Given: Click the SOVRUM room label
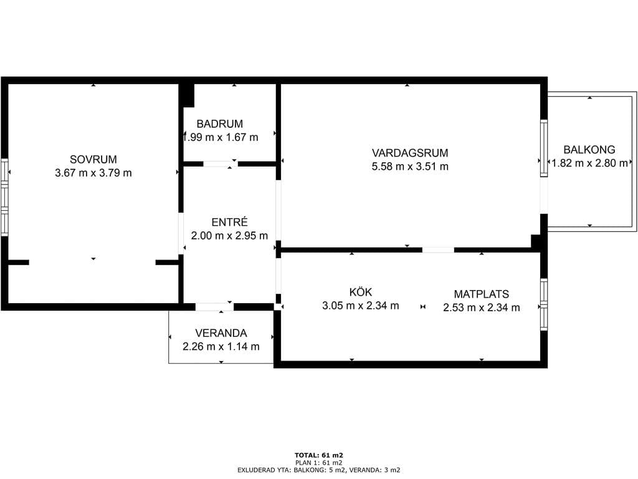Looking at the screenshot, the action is coord(93,159).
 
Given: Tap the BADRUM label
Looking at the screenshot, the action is coord(220,124).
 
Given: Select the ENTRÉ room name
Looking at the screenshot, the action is coord(229,222).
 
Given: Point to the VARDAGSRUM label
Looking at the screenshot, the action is coord(410,153).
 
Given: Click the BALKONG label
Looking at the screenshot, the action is coord(589,150).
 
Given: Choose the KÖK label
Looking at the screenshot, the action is coord(361,292).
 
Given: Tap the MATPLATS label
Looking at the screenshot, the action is coord(482,294).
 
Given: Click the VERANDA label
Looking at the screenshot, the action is coord(221,333).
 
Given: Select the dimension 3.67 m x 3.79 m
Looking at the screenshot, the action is coord(93,173).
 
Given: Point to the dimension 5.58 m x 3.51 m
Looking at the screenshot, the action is coord(410,167).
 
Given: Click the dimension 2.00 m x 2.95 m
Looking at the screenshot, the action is coord(229,235).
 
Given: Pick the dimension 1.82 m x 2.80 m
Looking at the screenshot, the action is coord(589,163).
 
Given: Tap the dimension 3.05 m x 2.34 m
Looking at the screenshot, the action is coord(361,306).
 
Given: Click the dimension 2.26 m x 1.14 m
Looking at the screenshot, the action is coord(221,347).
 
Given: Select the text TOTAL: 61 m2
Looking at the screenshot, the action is coord(319,455).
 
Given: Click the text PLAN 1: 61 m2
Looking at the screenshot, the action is coord(319,463).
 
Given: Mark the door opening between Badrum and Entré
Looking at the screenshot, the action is coord(220,164).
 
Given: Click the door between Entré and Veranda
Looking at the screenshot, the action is coord(214,307).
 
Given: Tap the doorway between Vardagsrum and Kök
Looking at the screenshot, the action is coord(438,249).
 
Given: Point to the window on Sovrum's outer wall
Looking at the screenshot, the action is coord(4,197).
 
